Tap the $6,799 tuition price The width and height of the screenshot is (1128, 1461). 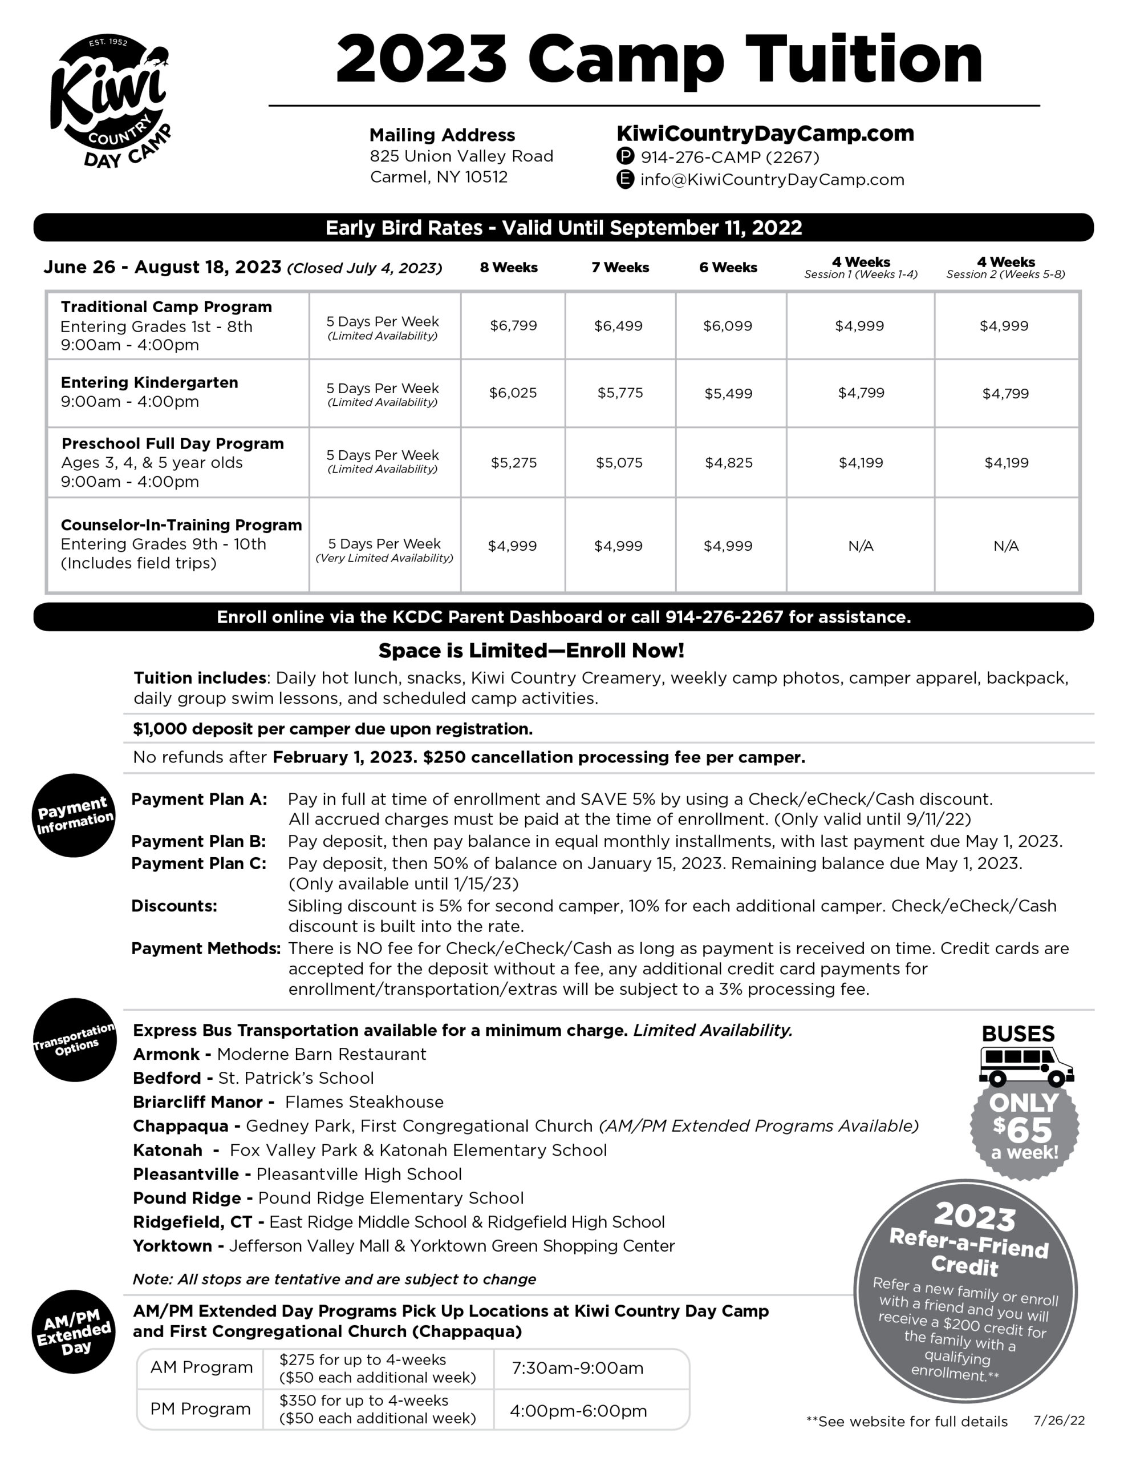pyautogui.click(x=513, y=326)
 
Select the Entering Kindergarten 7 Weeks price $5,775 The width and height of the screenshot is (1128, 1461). pyautogui.click(x=620, y=393)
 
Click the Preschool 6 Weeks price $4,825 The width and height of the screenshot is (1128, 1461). pyautogui.click(x=728, y=462)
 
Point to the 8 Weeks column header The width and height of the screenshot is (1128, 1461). pyautogui.click(x=508, y=268)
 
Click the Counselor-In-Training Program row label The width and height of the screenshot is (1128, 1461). pyautogui.click(x=181, y=525)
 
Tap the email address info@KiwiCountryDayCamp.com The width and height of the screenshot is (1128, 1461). pyautogui.click(x=772, y=180)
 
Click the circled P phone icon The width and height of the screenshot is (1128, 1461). pyautogui.click(x=624, y=156)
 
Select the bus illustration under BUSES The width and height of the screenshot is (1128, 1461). pyautogui.click(x=1025, y=1066)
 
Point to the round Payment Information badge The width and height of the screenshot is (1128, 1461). pyautogui.click(x=74, y=815)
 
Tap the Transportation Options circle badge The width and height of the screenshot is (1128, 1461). pyautogui.click(x=75, y=1040)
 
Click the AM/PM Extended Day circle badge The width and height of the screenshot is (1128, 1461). pyautogui.click(x=74, y=1331)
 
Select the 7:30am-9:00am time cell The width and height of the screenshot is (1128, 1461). pyautogui.click(x=577, y=1369)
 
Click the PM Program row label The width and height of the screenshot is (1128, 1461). pyautogui.click(x=200, y=1409)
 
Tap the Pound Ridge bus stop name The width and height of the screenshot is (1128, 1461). pyautogui.click(x=186, y=1198)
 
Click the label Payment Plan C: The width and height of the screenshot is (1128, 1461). pyautogui.click(x=198, y=863)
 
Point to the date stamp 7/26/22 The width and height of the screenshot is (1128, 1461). pyautogui.click(x=1058, y=1420)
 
